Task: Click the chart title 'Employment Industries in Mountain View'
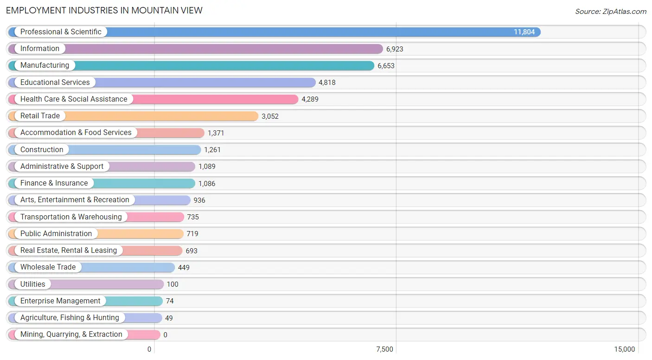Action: [x=104, y=11]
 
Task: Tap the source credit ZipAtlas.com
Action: [x=611, y=11]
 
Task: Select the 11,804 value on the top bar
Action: [x=524, y=32]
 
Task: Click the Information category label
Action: [x=40, y=48]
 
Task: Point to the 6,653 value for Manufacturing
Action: [x=386, y=66]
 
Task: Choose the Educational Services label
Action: [x=55, y=83]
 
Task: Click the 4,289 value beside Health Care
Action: [x=310, y=99]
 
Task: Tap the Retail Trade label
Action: [x=40, y=116]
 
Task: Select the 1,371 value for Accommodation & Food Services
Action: [x=216, y=133]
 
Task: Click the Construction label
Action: [x=42, y=150]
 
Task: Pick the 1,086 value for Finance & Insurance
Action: [x=207, y=184]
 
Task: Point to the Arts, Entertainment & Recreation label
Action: [x=75, y=200]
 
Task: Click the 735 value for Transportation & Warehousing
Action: [x=193, y=217]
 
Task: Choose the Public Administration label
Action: [x=56, y=234]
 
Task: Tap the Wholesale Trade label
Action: [x=48, y=267]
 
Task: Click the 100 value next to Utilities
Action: [x=173, y=284]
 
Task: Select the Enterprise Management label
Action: [x=60, y=301]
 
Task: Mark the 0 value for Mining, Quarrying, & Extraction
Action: [x=166, y=335]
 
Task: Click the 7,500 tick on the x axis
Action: [x=384, y=349]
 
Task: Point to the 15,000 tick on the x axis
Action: [x=624, y=349]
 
